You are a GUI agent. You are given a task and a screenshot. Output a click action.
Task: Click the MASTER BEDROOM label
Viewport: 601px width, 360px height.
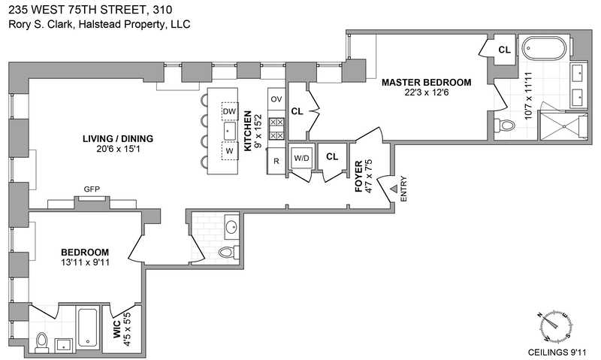click(x=426, y=82)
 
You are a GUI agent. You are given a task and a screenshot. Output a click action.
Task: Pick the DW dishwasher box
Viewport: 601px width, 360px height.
click(x=229, y=112)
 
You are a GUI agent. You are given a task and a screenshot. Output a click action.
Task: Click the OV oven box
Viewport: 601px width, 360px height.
click(x=276, y=99)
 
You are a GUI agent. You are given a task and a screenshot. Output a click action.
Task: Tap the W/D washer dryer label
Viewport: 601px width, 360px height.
click(x=301, y=159)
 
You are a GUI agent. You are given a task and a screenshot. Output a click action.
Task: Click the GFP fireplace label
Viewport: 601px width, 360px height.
click(x=92, y=189)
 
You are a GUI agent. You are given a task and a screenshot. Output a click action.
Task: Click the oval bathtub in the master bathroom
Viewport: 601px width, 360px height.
click(x=546, y=48)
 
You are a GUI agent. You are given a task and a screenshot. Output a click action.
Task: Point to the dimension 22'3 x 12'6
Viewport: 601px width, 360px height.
click(x=425, y=93)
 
